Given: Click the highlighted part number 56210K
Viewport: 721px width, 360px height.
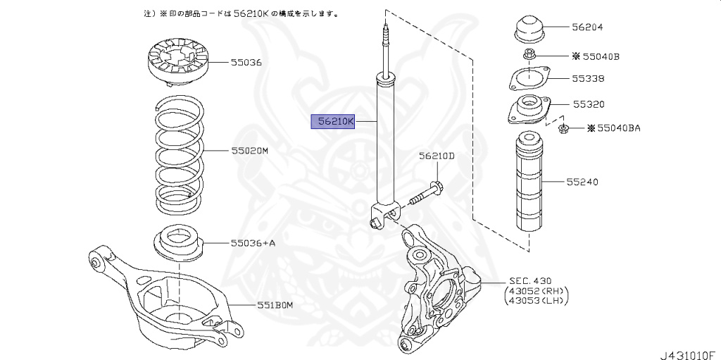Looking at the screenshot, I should pos(334,122).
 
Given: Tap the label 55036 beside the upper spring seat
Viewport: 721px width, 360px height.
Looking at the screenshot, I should pos(246,62).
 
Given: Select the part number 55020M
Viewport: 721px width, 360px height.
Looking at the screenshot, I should pos(249,150).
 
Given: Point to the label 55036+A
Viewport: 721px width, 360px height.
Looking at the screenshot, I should pos(253,243).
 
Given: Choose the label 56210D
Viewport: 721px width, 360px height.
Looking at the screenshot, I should pos(437,156).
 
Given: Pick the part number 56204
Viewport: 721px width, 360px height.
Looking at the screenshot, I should pos(587,27).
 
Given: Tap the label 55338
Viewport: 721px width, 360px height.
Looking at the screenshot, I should pos(588,78).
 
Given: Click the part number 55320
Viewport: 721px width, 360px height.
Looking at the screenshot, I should pos(588,104).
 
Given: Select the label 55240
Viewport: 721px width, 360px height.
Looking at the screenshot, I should pos(581,182).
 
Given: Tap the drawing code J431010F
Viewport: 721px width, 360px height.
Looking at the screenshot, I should pos(687,353).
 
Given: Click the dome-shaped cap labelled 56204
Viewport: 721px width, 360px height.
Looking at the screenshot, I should pos(527,30).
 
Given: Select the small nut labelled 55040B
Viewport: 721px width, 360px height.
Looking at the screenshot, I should pos(528,55).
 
